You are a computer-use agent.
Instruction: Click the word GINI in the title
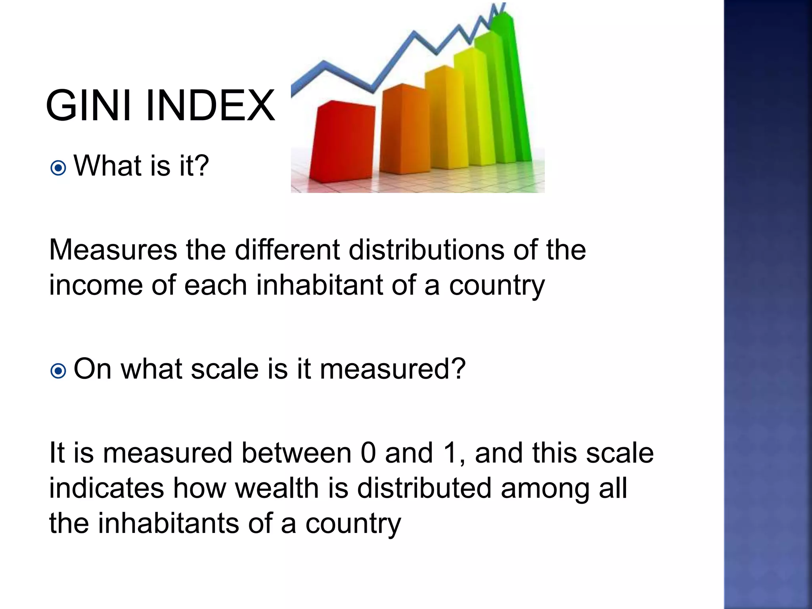coord(88,106)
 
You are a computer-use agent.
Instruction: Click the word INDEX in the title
coord(210,106)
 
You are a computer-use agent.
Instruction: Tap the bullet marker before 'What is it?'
coord(58,168)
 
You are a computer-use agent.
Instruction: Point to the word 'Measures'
coord(113,250)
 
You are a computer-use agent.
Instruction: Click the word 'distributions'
coord(427,250)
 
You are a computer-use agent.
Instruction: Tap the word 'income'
coord(96,285)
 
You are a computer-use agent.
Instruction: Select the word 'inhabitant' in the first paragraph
coord(319,285)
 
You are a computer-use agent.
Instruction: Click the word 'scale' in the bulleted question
coord(225,369)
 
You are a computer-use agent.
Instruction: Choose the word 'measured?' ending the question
coord(393,369)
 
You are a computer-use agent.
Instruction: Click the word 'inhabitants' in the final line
coord(169,523)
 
